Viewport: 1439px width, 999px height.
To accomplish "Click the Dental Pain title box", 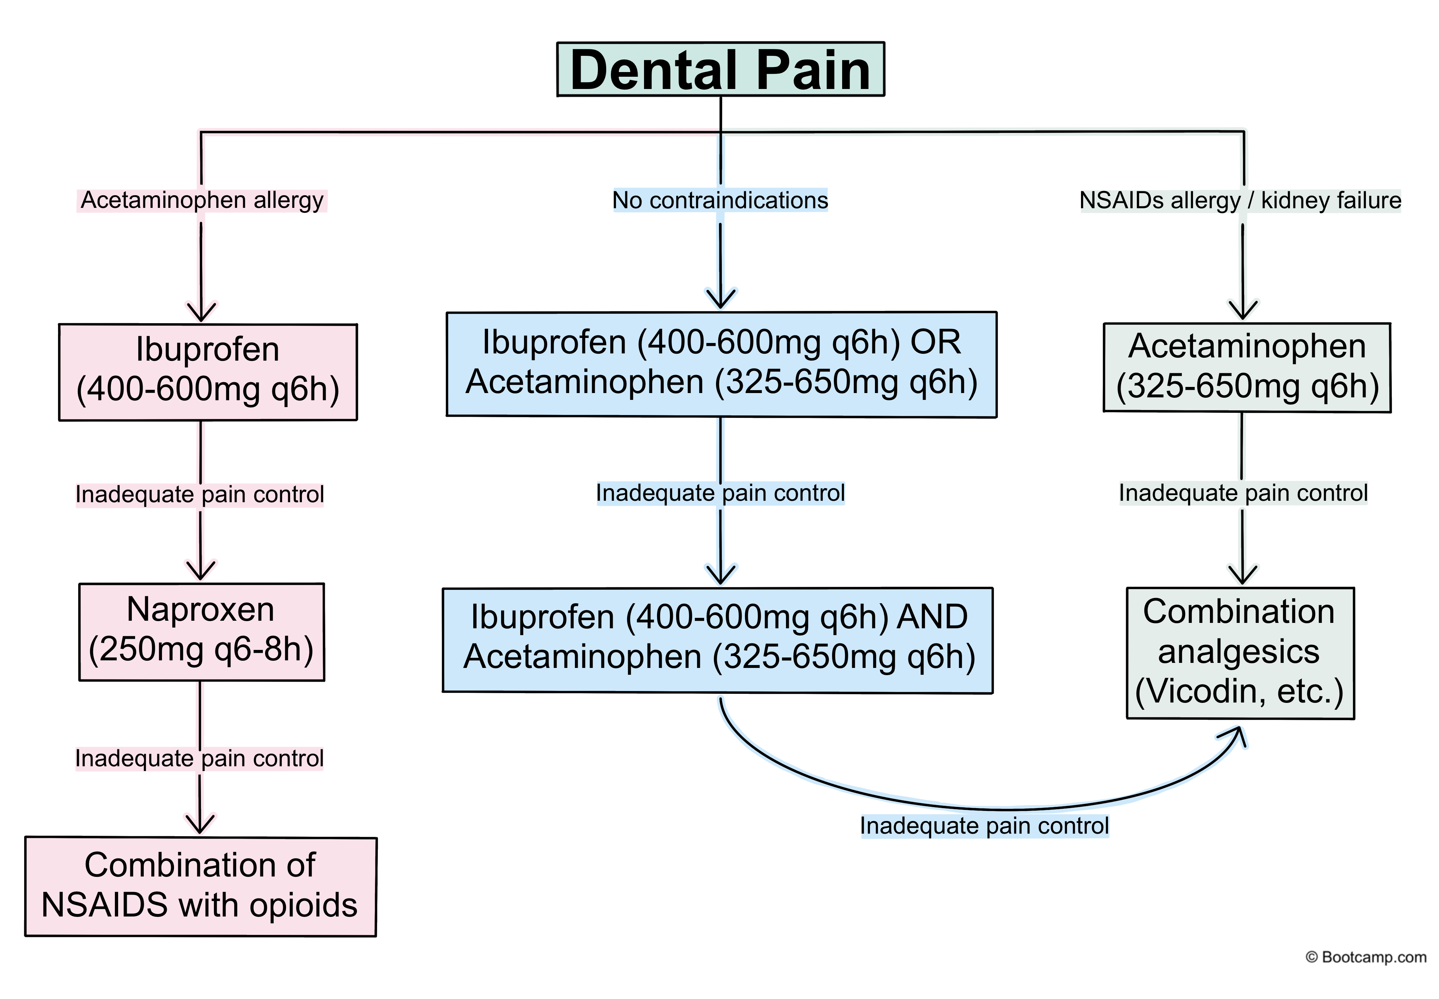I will point(720,70).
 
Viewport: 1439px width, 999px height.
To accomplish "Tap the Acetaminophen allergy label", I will point(201,200).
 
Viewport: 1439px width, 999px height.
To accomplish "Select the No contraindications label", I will point(720,200).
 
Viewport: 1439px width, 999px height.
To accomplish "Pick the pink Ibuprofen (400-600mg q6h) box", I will point(208,372).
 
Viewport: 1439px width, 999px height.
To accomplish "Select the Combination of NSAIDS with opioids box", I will point(200,886).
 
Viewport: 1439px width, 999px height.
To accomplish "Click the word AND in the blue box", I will point(932,617).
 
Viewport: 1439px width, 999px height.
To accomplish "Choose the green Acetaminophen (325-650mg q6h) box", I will point(1246,367).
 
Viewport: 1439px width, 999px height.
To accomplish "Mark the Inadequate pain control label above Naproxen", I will point(200,495).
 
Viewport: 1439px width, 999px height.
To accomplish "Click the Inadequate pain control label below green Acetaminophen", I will point(1243,493).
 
